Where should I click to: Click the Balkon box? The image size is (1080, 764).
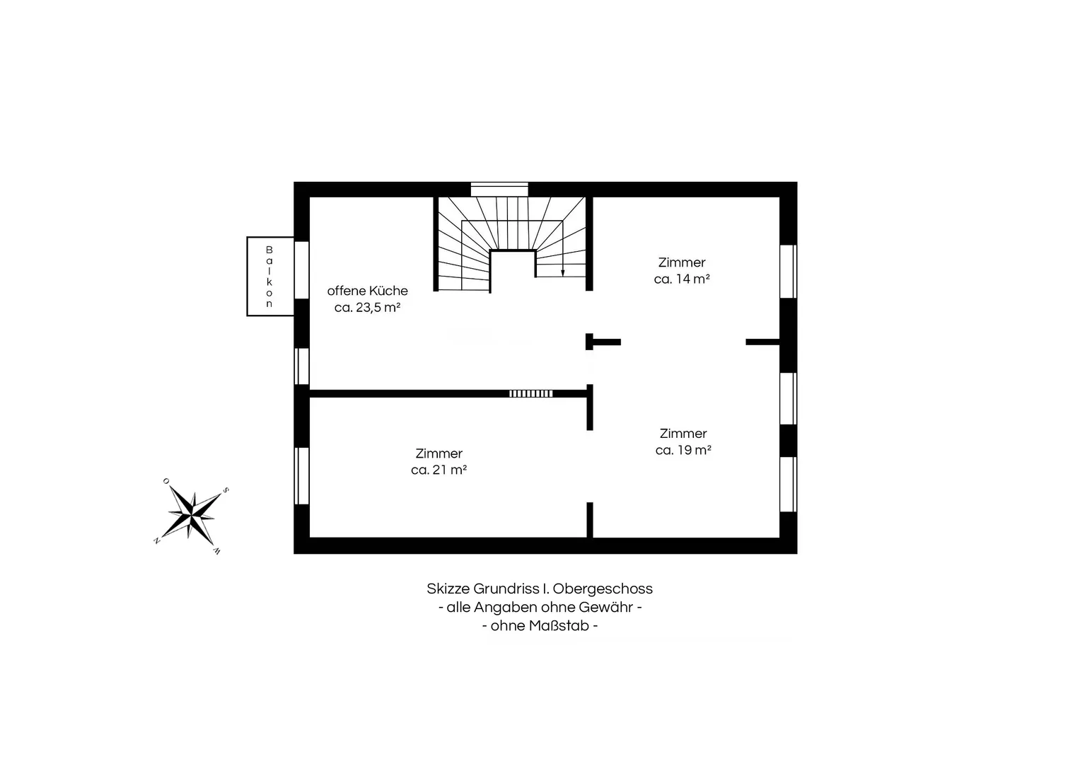point(270,277)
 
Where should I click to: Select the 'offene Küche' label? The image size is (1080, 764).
point(367,290)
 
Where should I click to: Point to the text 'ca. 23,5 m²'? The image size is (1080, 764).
point(367,307)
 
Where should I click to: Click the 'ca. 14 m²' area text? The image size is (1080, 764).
point(682,279)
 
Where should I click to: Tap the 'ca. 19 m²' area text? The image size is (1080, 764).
point(683,449)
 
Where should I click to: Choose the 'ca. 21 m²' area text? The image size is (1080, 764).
point(439,469)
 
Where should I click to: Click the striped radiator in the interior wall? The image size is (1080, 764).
point(531,393)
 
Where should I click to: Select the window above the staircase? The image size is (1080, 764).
point(499,189)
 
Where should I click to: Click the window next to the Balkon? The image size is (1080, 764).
point(302,270)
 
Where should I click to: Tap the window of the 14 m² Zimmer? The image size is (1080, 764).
point(789,272)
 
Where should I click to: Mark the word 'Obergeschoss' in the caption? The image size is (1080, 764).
point(603,589)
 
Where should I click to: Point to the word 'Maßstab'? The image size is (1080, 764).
point(559,625)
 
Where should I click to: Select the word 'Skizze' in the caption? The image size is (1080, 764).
point(448,589)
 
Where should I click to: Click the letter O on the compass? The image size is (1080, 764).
point(166,481)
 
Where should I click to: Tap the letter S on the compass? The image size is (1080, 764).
point(225,490)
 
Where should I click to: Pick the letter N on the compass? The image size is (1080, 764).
point(156,540)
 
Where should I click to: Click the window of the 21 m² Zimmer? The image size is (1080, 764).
point(302,475)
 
